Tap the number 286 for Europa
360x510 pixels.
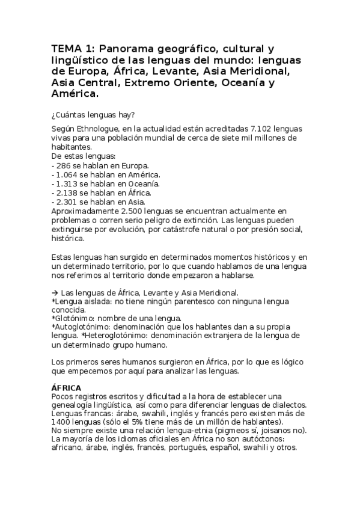63,164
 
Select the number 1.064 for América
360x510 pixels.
66,174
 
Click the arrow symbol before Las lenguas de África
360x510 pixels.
55,290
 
